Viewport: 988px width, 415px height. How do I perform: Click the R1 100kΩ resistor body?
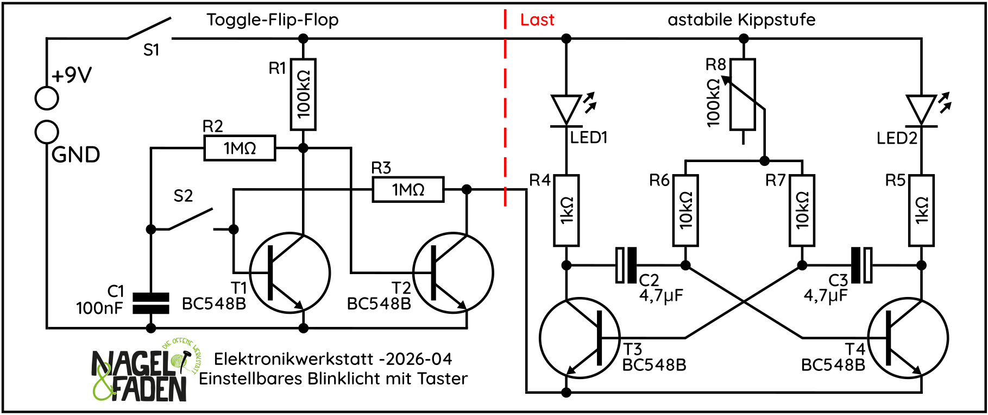pos(303,95)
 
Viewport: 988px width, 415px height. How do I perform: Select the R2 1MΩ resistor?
pos(240,148)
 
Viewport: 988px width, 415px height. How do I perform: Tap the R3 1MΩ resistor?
pos(408,189)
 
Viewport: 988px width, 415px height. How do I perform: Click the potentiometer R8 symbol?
pos(742,95)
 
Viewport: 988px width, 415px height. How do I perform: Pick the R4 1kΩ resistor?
pos(567,210)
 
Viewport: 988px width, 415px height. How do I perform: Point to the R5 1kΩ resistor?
pos(922,210)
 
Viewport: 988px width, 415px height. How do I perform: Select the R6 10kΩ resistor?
pos(685,210)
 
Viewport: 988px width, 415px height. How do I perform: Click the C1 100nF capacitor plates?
pos(151,303)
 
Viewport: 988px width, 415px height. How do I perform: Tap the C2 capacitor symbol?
pos(626,265)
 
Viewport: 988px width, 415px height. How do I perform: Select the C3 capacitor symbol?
pos(861,265)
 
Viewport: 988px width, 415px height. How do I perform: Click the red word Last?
pos(537,20)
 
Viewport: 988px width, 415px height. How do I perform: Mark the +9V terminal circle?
pos(47,98)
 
